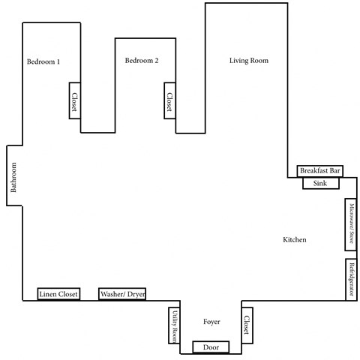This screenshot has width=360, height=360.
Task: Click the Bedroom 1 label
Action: [43, 61]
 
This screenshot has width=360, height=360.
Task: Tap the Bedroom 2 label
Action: [142, 61]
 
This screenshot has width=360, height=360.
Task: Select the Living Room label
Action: [248, 61]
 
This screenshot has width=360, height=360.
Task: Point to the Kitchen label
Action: [295, 240]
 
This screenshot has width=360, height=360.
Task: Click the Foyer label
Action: [211, 322]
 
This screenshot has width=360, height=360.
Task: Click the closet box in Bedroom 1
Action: [75, 100]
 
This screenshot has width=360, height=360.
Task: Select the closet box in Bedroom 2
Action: [169, 100]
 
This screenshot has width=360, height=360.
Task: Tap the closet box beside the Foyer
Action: [246, 325]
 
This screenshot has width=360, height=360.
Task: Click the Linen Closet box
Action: [58, 295]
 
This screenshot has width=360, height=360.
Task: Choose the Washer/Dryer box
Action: [122, 295]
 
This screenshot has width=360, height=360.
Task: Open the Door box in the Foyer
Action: [211, 347]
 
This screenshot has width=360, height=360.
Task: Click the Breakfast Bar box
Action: [320, 171]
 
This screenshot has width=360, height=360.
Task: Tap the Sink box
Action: [320, 184]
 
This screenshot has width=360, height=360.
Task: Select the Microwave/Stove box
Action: [350, 225]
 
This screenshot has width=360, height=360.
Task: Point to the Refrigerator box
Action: [350, 278]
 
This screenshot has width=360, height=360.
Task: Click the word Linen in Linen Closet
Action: [48, 295]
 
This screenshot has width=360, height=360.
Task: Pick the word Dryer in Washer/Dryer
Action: [136, 295]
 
